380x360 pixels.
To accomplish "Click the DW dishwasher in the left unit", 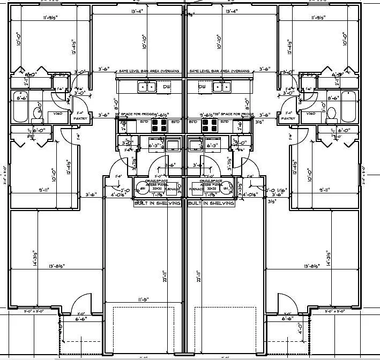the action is (x=167, y=87).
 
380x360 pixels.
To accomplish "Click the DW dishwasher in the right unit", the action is (x=203, y=87).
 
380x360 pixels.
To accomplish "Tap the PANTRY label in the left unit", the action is (x=80, y=118).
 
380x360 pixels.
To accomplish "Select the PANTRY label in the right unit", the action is (x=288, y=118).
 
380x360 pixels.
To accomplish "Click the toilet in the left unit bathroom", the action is (x=39, y=113).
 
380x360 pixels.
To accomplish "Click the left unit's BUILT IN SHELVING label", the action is (x=159, y=204).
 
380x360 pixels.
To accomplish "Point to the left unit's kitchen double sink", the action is (x=145, y=87).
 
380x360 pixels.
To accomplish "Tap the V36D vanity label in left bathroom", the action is (x=57, y=114).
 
